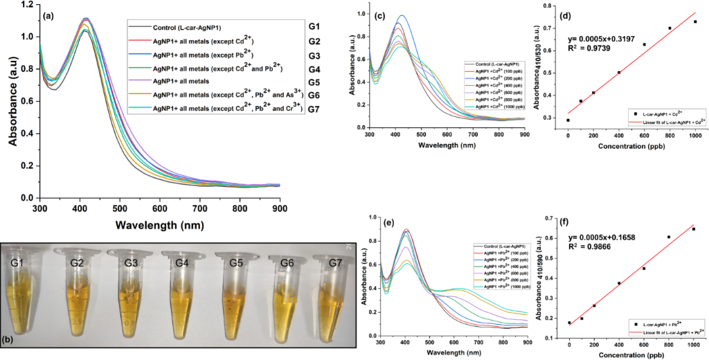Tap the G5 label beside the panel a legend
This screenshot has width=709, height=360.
(x=314, y=83)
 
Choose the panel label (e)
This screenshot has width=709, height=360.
(x=387, y=225)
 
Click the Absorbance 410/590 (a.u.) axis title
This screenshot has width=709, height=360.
(x=537, y=277)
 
